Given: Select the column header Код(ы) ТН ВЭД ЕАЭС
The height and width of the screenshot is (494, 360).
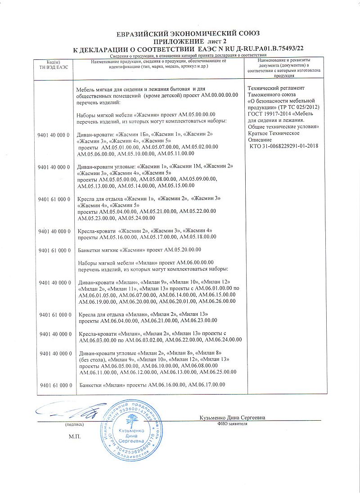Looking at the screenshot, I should click(x=51, y=64).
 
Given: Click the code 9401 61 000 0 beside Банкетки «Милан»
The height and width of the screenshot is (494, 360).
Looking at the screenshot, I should click(x=55, y=386).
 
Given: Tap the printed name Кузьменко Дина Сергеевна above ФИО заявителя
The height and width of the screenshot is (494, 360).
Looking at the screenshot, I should click(x=232, y=418).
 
